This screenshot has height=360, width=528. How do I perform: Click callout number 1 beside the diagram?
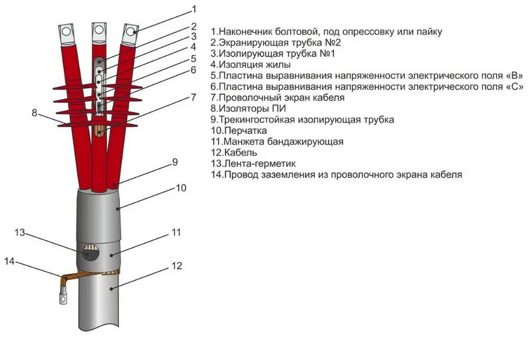[194, 8]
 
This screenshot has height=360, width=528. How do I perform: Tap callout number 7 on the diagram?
[194, 97]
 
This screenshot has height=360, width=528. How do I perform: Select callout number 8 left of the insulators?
[35, 112]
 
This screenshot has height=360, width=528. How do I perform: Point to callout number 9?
[175, 162]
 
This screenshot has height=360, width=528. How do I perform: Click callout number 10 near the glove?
[181, 188]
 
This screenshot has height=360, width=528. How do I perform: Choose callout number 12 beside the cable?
[177, 266]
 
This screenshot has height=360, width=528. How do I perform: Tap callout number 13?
[20, 233]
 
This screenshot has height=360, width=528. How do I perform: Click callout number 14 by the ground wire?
[10, 261]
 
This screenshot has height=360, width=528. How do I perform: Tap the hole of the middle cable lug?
[99, 29]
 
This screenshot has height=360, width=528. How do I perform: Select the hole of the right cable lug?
[131, 32]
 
